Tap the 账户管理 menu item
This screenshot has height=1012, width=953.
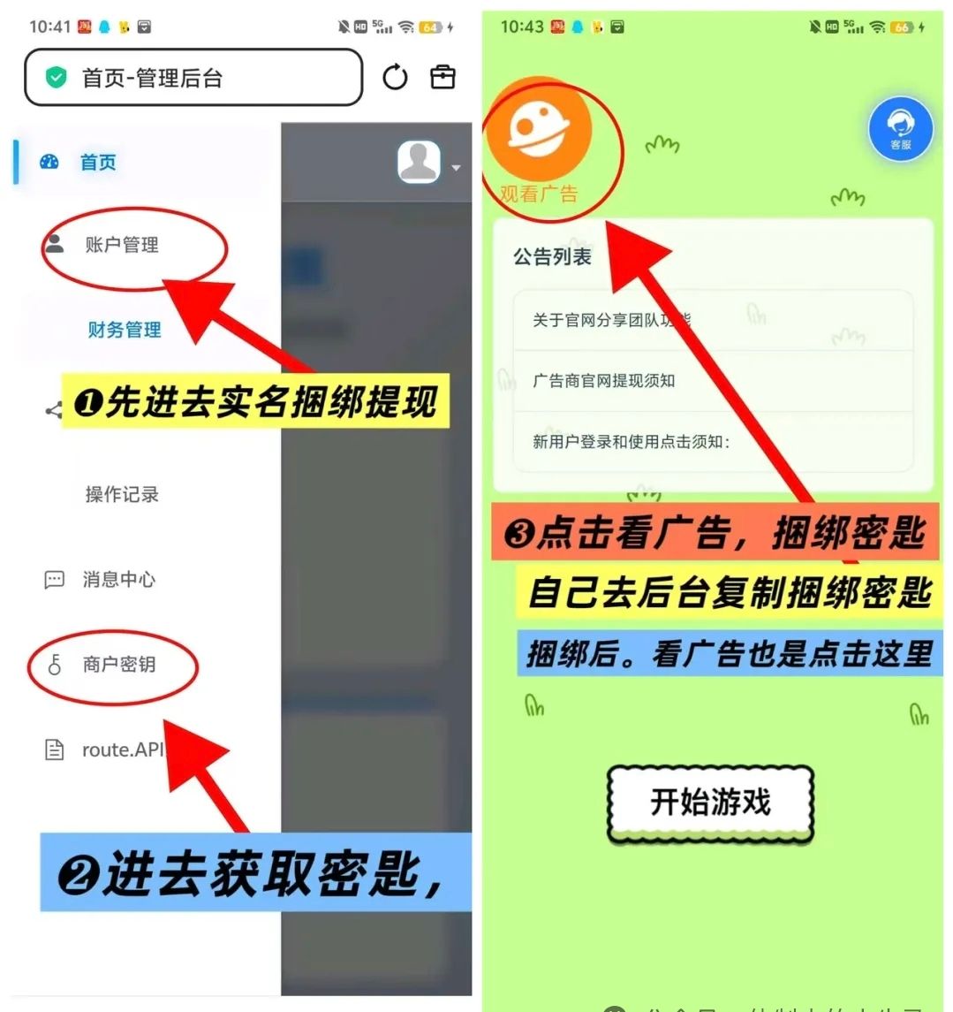(x=122, y=245)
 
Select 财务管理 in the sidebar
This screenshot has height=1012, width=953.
(x=124, y=330)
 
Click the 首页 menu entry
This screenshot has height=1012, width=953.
(x=97, y=163)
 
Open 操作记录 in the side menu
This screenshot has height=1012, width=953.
(x=122, y=494)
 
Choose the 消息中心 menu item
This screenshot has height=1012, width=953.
(x=118, y=579)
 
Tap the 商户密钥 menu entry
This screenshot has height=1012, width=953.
(x=118, y=664)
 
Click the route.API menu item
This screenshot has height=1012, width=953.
(x=122, y=749)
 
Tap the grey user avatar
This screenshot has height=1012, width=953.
(x=419, y=163)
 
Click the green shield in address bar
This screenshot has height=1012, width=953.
(x=57, y=78)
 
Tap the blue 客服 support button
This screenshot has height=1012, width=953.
(x=900, y=130)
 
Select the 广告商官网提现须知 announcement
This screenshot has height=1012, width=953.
(x=603, y=380)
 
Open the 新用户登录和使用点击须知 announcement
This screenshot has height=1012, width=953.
(x=631, y=441)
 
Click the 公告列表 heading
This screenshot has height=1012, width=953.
(x=553, y=257)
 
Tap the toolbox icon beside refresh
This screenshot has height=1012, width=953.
(x=442, y=77)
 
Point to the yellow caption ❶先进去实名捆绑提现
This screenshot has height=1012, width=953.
(x=254, y=402)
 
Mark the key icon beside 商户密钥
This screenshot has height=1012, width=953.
(x=55, y=665)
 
